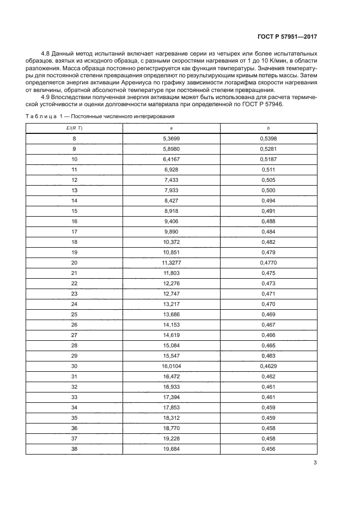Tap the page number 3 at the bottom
[315, 463]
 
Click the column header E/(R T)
[75, 127]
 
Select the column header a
[172, 127]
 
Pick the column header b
[269, 127]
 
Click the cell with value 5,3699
[172, 138]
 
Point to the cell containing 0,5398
[269, 138]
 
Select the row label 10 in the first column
[75, 160]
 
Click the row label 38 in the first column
[75, 449]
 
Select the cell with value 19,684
[172, 449]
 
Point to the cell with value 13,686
[172, 314]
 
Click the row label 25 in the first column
[75, 314]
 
